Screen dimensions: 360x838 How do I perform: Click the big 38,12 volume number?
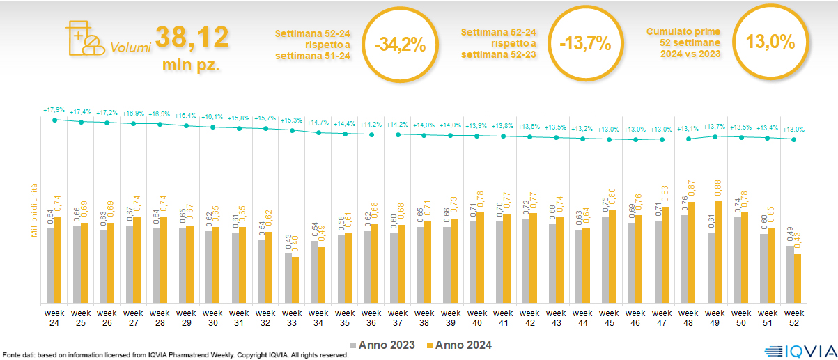[192, 38]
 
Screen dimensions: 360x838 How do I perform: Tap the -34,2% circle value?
[399, 44]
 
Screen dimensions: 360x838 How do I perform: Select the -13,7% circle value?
[584, 44]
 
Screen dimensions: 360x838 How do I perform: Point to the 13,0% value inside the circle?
[770, 42]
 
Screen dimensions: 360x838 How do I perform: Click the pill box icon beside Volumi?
[83, 38]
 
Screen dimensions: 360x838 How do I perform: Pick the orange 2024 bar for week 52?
[798, 279]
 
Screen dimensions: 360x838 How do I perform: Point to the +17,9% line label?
[54, 110]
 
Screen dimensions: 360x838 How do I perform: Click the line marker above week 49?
[715, 136]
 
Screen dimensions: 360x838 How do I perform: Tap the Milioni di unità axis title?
[34, 208]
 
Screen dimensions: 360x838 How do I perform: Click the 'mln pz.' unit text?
[192, 66]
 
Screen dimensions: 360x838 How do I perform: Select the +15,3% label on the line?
[293, 120]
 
